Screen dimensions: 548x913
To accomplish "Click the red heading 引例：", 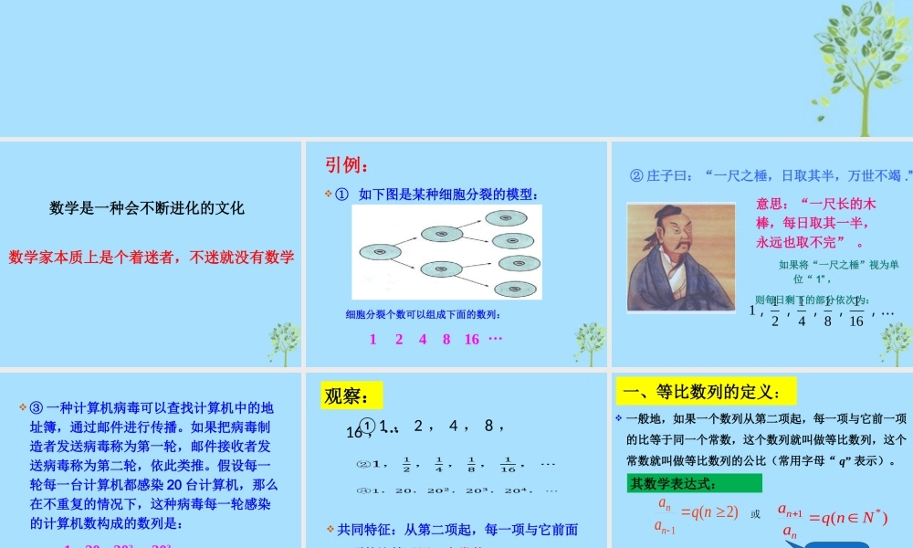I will (x=348, y=165).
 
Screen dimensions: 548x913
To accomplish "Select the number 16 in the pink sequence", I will (x=471, y=339).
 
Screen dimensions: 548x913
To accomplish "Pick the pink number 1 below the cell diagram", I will (x=373, y=339).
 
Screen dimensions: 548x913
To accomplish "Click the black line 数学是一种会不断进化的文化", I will (x=147, y=208).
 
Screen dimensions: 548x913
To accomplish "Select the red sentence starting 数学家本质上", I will (x=152, y=258).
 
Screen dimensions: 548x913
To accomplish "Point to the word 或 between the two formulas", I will (x=755, y=514).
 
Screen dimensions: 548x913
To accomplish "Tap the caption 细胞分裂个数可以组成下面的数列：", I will (x=423, y=315).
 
